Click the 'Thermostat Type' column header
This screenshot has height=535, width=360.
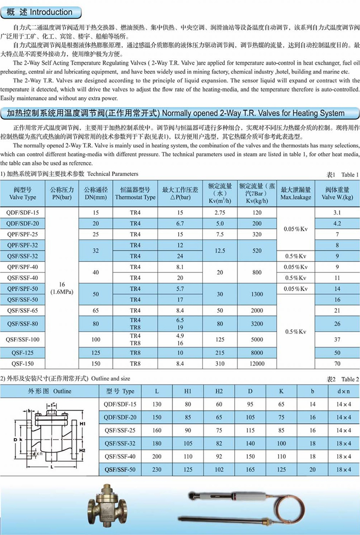[135, 194]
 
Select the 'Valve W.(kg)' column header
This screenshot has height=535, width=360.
[337, 194]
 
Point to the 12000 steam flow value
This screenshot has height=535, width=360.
[257, 364]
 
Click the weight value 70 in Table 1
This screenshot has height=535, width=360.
[337, 364]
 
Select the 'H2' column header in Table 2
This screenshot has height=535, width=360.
[219, 391]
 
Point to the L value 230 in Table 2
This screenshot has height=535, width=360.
[157, 469]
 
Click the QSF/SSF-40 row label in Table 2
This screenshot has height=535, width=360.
[120, 456]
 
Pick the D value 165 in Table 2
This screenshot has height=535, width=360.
[250, 469]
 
